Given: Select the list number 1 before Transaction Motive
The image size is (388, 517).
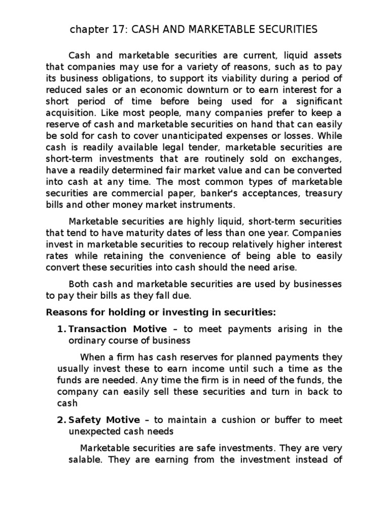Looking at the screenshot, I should pyautogui.click(x=61, y=329).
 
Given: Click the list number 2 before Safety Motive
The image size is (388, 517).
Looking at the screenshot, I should pyautogui.click(x=61, y=420).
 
